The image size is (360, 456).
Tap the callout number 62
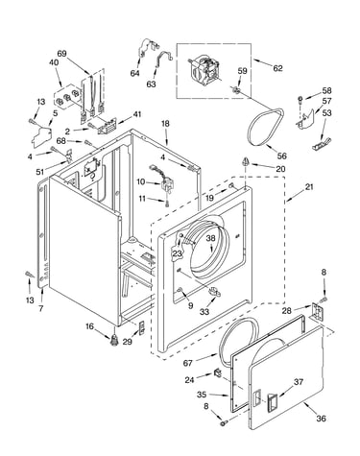tap(277, 68)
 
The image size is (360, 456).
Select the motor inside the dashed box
tap(204, 69)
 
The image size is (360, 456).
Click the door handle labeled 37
tap(272, 401)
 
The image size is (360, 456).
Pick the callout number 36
tap(321, 419)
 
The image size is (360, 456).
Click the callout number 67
tap(188, 363)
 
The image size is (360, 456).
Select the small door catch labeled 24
tap(218, 373)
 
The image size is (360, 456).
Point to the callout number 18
tap(165, 124)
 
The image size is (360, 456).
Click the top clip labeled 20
tap(246, 161)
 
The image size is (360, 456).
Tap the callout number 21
tap(308, 186)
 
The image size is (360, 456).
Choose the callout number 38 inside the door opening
tap(210, 238)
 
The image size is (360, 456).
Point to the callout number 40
tap(54, 62)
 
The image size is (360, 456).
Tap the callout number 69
tap(61, 53)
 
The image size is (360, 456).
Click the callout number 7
tap(41, 308)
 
